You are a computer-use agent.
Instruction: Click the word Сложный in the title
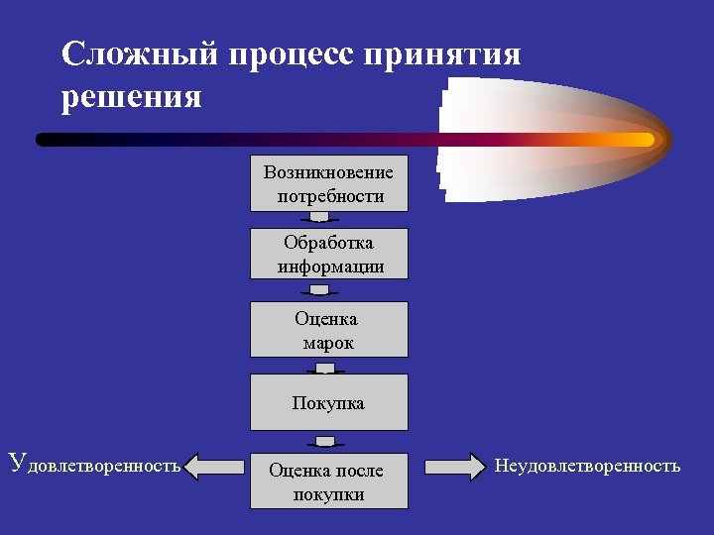[x=140, y=53]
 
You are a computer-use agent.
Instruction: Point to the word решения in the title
[x=131, y=97]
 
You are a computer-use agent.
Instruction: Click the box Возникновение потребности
[x=328, y=183]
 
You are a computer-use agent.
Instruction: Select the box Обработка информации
[x=328, y=255]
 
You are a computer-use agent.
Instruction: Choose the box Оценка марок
[x=328, y=330]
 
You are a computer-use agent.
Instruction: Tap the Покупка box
[x=328, y=402]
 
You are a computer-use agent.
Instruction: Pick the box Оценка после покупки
[x=328, y=481]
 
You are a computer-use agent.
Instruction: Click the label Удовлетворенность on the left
[x=94, y=463]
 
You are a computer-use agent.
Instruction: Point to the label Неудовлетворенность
[x=587, y=465]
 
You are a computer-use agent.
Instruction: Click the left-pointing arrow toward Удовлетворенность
[x=218, y=466]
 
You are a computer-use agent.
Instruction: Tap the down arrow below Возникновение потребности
[x=319, y=218]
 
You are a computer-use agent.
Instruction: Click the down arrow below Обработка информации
[x=319, y=291]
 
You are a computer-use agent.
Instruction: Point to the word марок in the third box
[x=328, y=343]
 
